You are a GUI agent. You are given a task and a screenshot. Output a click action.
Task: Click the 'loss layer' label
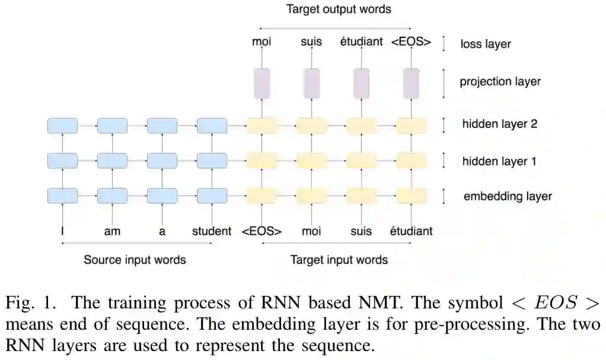pos(485,44)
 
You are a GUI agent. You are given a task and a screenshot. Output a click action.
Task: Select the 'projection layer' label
pos(500,81)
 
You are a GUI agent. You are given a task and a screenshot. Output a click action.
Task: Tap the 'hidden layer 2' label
pos(499,125)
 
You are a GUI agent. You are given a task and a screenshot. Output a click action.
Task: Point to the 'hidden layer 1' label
pos(499,161)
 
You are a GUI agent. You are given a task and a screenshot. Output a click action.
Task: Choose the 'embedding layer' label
pos(507,196)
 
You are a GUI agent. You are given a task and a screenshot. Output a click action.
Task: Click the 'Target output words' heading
pos(339,9)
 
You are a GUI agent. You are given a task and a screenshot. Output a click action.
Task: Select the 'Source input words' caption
pos(135,260)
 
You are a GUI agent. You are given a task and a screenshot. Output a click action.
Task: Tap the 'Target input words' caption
pos(339,260)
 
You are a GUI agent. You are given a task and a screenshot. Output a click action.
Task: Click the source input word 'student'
pos(212,231)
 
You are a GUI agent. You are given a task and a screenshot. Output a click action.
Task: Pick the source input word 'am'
pos(112,231)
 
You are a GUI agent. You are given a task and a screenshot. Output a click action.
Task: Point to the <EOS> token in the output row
pos(411,42)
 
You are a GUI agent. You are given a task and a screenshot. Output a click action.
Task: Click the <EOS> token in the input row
pos(261,231)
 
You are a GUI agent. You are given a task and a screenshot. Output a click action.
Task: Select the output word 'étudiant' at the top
pos(361,42)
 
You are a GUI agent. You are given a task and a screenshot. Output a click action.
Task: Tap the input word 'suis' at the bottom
pos(361,231)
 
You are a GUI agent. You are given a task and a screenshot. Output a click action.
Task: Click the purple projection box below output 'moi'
pos(261,83)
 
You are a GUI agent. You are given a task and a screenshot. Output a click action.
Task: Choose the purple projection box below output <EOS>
pos(411,83)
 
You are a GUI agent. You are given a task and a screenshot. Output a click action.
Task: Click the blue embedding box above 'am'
pos(112,196)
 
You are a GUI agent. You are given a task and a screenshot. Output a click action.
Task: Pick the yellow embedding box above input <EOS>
pos(261,196)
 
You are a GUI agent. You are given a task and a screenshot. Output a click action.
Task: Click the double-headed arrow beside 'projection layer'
pos(444,82)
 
